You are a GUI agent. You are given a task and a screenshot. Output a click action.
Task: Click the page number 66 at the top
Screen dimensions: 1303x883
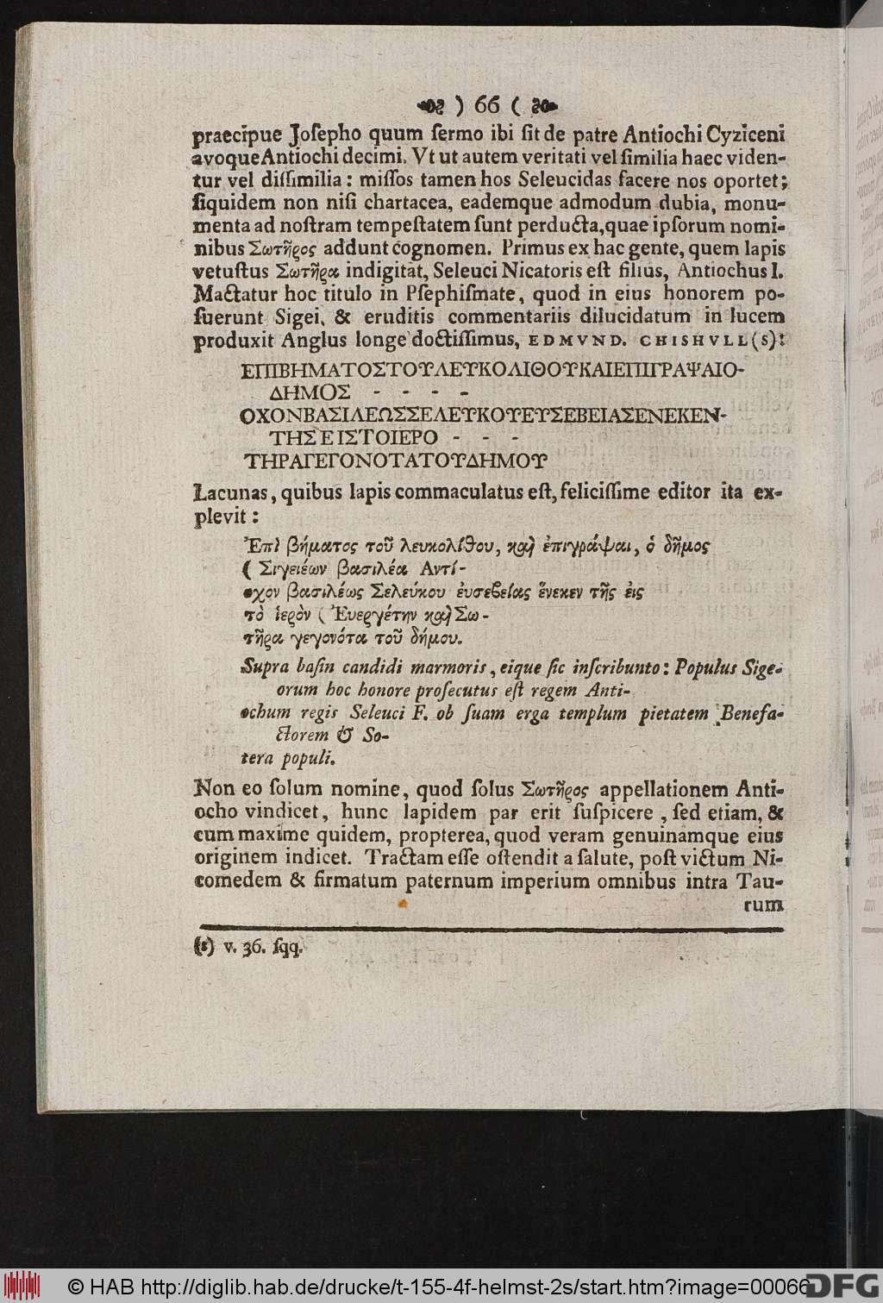pyautogui.click(x=487, y=104)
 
